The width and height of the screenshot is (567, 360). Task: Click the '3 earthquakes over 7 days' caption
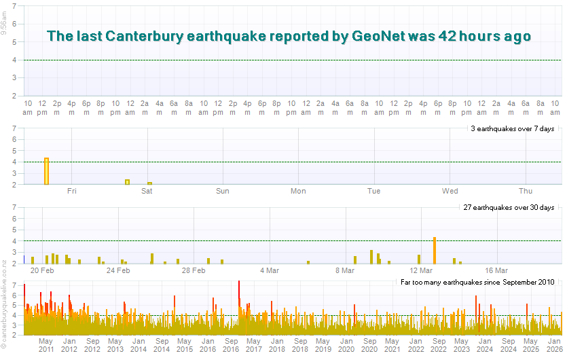coord(513,128)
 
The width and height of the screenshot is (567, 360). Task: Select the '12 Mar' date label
coord(422,270)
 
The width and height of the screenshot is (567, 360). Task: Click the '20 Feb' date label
coord(43,270)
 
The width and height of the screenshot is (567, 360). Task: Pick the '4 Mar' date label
coord(270,270)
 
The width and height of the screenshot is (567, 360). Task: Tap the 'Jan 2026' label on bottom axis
coord(554,345)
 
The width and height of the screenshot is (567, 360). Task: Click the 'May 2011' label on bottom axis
coord(46,345)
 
